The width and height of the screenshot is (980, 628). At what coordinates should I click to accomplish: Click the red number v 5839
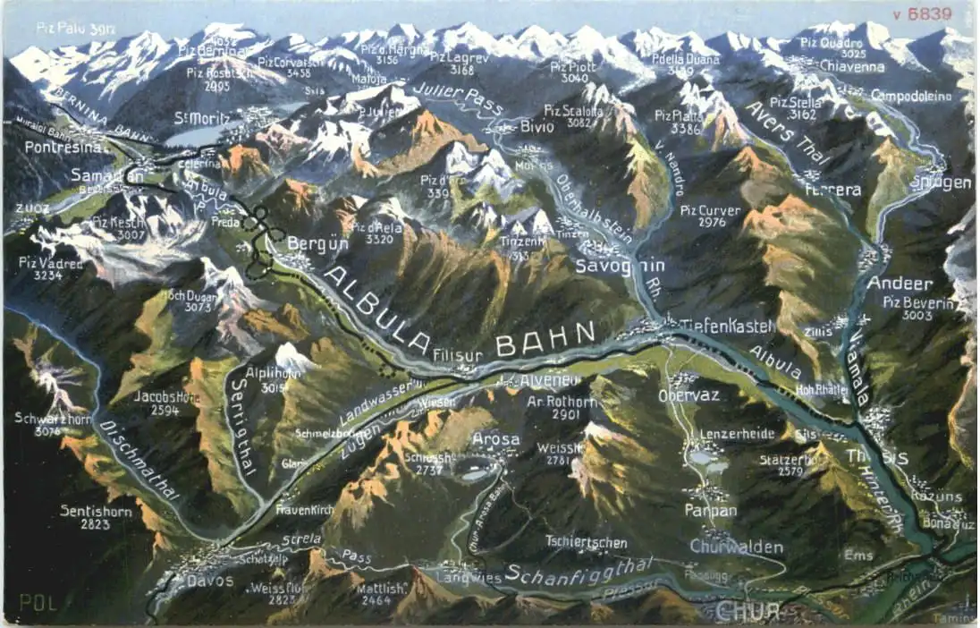pyautogui.click(x=932, y=13)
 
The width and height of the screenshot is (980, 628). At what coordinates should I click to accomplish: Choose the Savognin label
pyautogui.click(x=608, y=266)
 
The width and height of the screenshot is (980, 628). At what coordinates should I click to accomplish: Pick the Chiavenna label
pyautogui.click(x=852, y=67)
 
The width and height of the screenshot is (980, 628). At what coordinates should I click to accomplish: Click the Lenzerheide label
pyautogui.click(x=737, y=434)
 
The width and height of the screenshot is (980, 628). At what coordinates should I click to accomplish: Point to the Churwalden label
pyautogui.click(x=736, y=547)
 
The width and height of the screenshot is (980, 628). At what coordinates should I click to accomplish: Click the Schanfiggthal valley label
pyautogui.click(x=579, y=570)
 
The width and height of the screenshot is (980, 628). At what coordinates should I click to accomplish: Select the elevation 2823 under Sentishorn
pyautogui.click(x=95, y=525)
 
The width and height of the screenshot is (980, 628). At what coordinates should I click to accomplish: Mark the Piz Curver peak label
pyautogui.click(x=709, y=211)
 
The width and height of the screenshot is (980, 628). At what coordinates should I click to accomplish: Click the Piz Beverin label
pyautogui.click(x=918, y=302)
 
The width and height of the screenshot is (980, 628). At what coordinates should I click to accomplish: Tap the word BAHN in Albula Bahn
pyautogui.click(x=545, y=338)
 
